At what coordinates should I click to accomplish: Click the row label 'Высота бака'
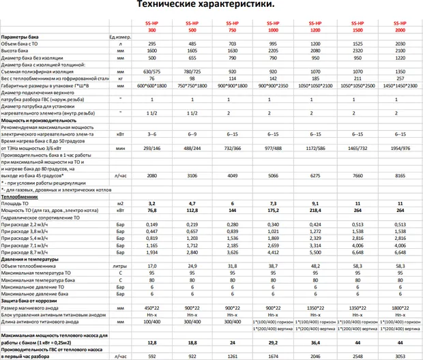tap(15, 50)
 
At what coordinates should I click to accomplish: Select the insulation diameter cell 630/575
tap(152, 71)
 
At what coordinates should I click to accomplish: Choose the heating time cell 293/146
tap(152, 147)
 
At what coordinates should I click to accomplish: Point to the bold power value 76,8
tap(152, 211)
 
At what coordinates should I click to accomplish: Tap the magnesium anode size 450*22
tap(152, 307)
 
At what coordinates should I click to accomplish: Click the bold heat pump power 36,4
tap(315, 342)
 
